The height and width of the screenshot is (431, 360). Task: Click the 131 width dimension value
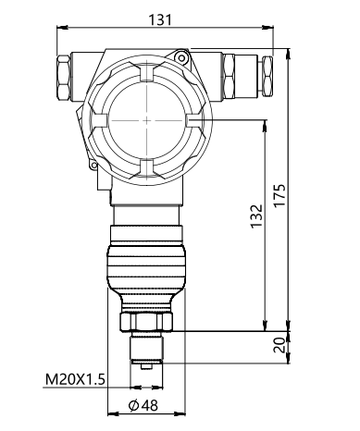click(x=160, y=20)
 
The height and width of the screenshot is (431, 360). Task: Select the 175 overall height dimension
click(x=279, y=196)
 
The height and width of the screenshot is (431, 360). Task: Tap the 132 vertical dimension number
click(x=256, y=216)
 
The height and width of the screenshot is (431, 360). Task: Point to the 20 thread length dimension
click(x=279, y=345)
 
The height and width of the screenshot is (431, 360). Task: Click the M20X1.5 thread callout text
click(x=75, y=379)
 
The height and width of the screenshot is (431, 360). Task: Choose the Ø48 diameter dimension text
click(x=143, y=405)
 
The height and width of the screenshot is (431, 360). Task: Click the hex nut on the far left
click(x=64, y=78)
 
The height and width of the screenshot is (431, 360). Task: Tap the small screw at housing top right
click(x=181, y=57)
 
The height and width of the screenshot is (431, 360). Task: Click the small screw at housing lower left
click(x=93, y=166)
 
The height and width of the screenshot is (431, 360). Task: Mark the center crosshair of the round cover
click(x=147, y=120)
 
